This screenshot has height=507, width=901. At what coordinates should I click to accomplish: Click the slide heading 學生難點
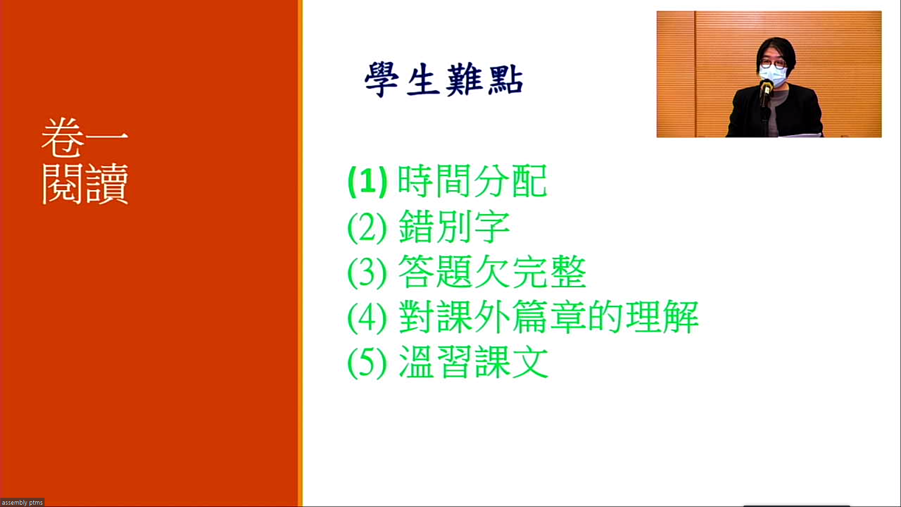(x=443, y=80)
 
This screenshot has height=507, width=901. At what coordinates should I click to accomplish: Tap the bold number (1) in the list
(x=367, y=182)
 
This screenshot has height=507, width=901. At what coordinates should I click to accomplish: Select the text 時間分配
(x=472, y=181)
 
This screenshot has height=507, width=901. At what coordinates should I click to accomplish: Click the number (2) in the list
(x=367, y=227)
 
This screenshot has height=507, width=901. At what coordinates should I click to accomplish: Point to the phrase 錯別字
(x=454, y=227)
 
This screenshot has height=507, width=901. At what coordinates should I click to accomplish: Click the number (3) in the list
(x=367, y=273)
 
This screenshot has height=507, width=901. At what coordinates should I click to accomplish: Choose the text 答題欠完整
(x=492, y=272)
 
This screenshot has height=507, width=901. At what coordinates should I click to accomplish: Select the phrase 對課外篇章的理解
(x=549, y=317)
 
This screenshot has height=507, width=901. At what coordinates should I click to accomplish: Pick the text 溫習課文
(x=473, y=362)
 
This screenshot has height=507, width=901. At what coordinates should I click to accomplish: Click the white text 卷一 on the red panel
(x=84, y=138)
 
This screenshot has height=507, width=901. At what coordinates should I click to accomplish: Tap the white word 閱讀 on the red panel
(x=85, y=184)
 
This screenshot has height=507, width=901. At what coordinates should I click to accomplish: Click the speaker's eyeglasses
(x=772, y=63)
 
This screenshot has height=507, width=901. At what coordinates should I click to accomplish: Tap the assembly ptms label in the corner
(x=22, y=502)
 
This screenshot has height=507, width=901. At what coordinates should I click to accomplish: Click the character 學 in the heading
(x=382, y=80)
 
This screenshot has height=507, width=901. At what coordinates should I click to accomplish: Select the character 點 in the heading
(x=505, y=80)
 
